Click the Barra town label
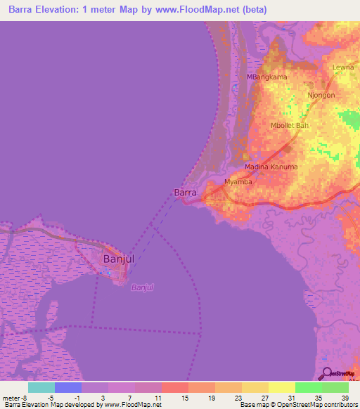185,193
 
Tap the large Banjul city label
118,259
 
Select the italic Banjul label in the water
143,287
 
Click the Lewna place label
343,67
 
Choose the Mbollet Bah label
290,126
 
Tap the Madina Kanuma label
271,167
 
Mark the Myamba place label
238,182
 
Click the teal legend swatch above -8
41,387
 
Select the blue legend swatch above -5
68,387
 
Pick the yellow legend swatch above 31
282,387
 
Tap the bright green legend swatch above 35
309,387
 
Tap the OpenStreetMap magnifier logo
328,373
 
